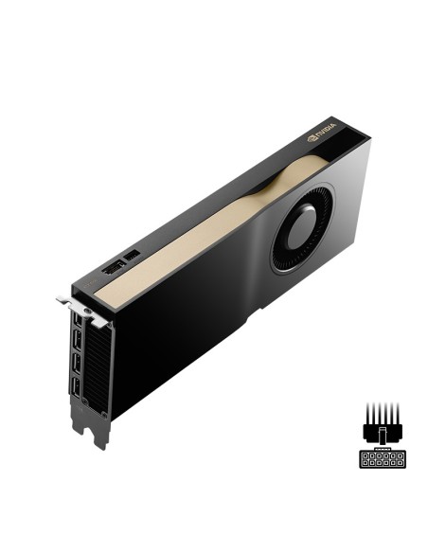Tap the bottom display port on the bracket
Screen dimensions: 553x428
74,387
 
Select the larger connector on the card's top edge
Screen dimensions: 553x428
111,268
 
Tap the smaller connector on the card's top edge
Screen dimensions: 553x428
133,256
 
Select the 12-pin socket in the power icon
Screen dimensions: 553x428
382,458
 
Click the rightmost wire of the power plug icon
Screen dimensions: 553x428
399,413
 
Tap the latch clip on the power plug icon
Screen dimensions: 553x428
382,437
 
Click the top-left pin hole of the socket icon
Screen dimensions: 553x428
365,455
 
